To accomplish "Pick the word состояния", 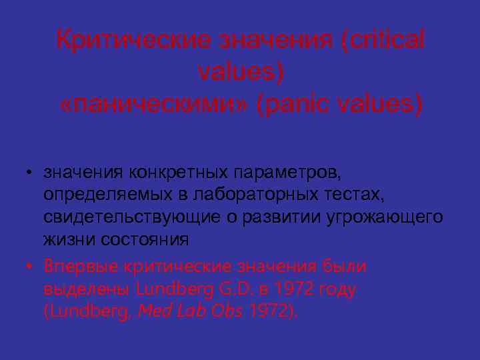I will [141, 239].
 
